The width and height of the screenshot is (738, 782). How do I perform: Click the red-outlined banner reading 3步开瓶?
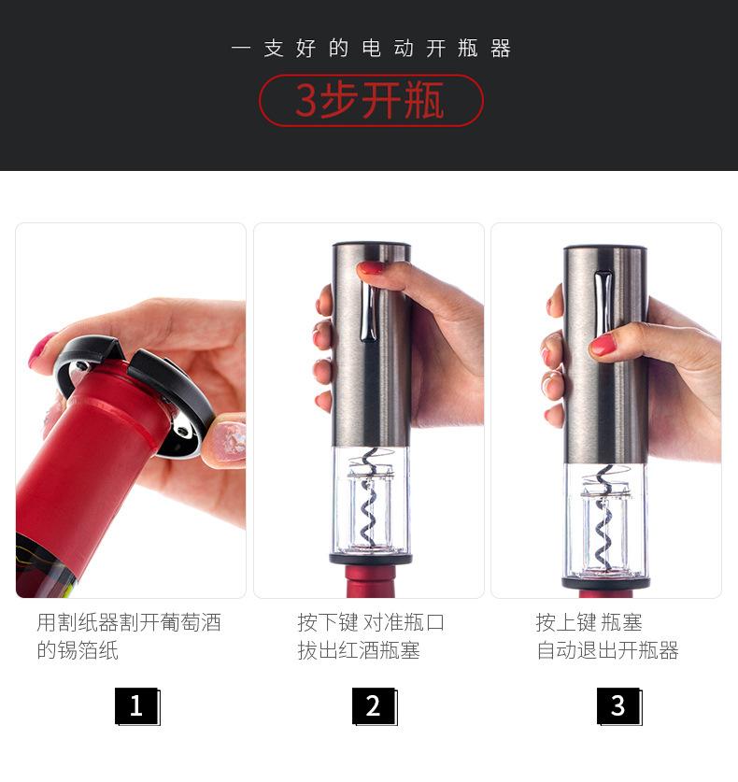(x=371, y=100)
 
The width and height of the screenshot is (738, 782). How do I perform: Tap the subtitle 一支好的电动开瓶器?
(x=371, y=49)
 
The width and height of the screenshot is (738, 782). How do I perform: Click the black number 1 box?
(x=137, y=706)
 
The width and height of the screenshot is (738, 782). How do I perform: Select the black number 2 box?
(x=375, y=706)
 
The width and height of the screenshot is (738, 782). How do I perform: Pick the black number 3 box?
(x=619, y=706)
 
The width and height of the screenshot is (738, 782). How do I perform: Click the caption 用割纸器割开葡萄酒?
(x=129, y=622)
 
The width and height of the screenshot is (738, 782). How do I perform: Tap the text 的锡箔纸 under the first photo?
(x=78, y=650)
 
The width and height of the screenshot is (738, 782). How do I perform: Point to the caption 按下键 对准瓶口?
(x=371, y=622)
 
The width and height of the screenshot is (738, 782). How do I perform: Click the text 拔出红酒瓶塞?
(x=359, y=650)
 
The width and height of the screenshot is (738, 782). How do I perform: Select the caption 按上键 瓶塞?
(x=589, y=622)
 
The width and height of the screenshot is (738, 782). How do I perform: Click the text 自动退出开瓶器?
(x=607, y=650)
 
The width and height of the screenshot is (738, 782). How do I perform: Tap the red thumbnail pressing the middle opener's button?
(x=371, y=268)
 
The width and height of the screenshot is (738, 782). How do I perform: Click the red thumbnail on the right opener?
(x=603, y=345)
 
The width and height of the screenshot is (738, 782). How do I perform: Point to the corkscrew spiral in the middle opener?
(x=371, y=499)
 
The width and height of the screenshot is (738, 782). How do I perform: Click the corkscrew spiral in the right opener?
(x=603, y=518)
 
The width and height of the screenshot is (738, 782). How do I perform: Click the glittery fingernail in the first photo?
(x=228, y=441)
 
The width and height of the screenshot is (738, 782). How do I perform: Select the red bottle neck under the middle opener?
(x=371, y=581)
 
